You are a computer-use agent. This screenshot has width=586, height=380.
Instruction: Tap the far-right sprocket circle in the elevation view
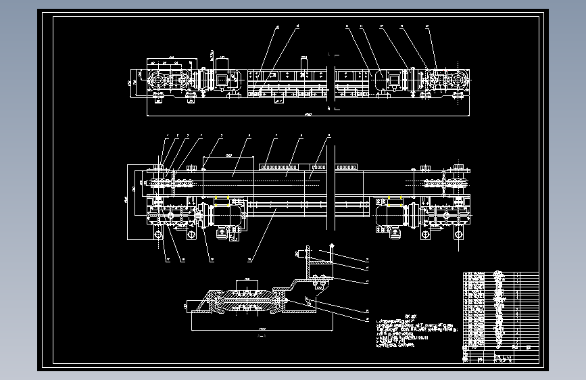(458, 81)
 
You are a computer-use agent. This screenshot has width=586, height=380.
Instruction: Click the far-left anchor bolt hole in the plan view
(157, 235)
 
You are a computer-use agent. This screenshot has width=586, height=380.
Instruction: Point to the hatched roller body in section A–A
(247, 301)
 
